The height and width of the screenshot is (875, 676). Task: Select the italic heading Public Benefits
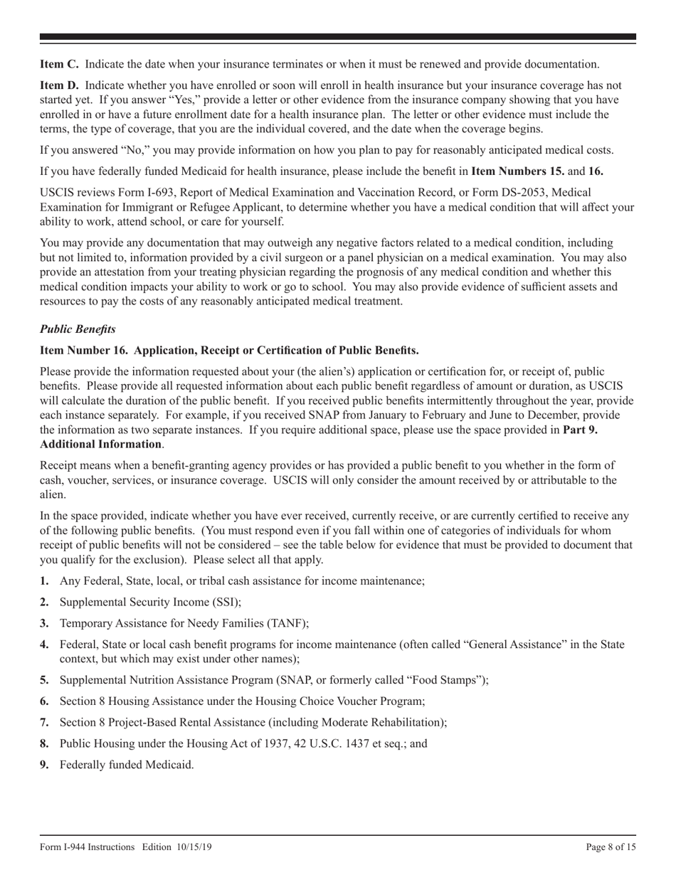tap(78, 329)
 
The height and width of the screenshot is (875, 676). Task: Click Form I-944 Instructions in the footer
tap(87, 847)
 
